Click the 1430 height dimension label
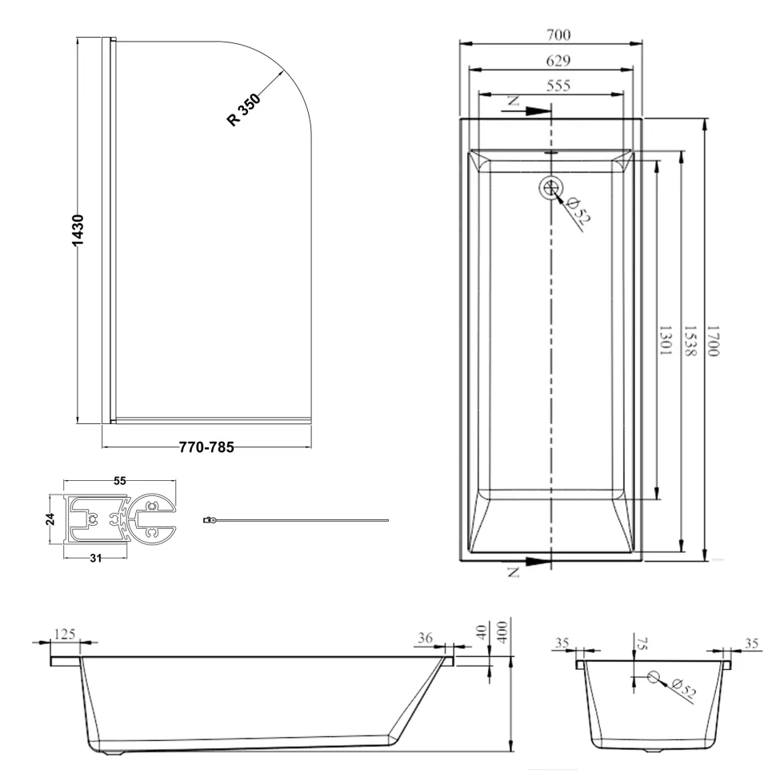[x=78, y=230]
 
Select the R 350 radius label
[x=243, y=110]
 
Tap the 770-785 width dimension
[x=206, y=447]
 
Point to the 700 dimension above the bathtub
[x=558, y=35]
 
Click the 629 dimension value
[x=558, y=61]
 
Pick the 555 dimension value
[x=558, y=86]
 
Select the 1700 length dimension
[x=713, y=340]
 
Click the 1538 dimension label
[x=690, y=340]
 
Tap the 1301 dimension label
[x=665, y=340]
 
